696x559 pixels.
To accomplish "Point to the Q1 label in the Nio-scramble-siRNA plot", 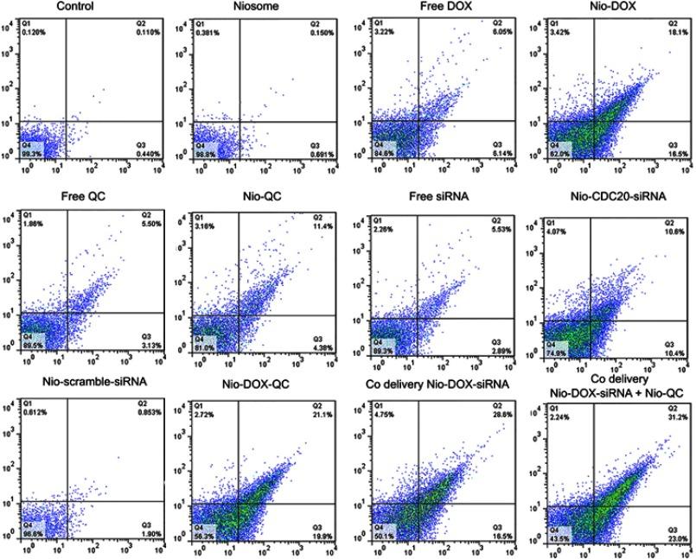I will (x=27, y=403).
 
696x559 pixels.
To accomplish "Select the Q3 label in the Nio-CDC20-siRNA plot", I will (x=669, y=344).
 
